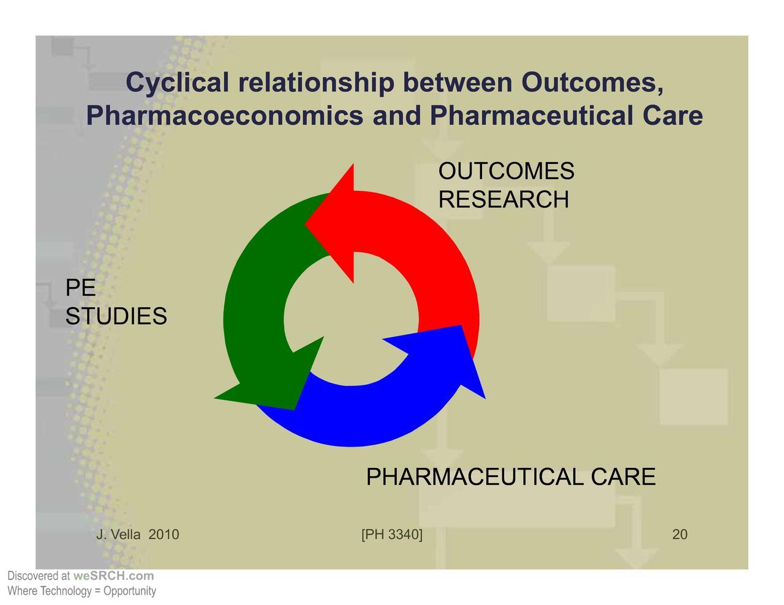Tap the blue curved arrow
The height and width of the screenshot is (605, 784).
point(367,416)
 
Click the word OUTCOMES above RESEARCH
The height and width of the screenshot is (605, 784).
point(507,171)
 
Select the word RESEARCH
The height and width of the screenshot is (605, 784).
point(503,200)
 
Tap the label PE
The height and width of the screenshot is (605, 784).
point(81,288)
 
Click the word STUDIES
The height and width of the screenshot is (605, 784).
point(116,316)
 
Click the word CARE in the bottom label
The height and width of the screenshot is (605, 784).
point(624,477)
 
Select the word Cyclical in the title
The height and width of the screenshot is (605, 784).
point(178,83)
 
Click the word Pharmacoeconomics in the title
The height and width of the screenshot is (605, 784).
point(225,116)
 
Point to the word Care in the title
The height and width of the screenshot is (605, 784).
point(673,116)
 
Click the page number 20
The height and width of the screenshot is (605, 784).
point(680,535)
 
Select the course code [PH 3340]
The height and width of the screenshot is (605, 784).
point(392,535)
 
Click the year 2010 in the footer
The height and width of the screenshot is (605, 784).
point(164,535)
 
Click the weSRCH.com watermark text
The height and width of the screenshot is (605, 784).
point(113,576)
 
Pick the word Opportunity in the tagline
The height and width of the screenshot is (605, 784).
point(130,591)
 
